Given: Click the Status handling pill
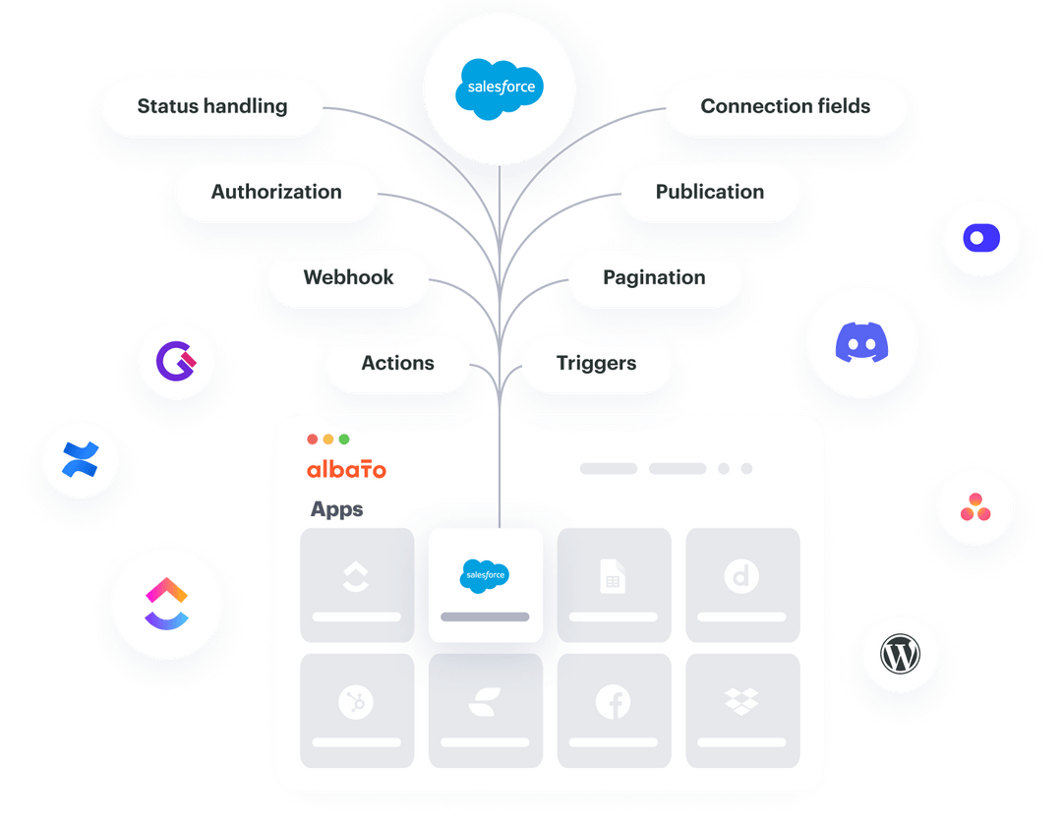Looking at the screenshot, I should point(212,106).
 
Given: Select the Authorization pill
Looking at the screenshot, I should point(276,192).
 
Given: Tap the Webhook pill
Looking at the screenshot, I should point(348,277).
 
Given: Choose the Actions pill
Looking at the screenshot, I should point(397,363).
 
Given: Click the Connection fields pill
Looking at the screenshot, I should point(785,106).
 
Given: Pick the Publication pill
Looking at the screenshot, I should point(709,192).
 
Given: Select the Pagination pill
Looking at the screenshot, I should point(654,277).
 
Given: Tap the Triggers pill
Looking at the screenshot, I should point(596,363).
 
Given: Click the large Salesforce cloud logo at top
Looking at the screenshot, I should point(500,88).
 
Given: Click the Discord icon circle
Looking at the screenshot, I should point(861,343).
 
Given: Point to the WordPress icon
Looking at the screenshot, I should point(900,654).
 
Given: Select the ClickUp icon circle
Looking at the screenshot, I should point(166,603).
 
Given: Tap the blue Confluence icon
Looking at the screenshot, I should point(79,459).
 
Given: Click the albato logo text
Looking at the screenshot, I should point(346,470).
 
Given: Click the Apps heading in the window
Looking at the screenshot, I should point(337,509).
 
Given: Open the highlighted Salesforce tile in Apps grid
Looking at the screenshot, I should point(485,584).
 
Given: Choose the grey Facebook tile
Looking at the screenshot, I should point(614,710).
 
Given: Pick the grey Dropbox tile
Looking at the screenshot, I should point(742,710).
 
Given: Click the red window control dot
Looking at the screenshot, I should point(313,440).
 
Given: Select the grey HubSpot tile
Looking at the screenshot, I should point(356,710).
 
